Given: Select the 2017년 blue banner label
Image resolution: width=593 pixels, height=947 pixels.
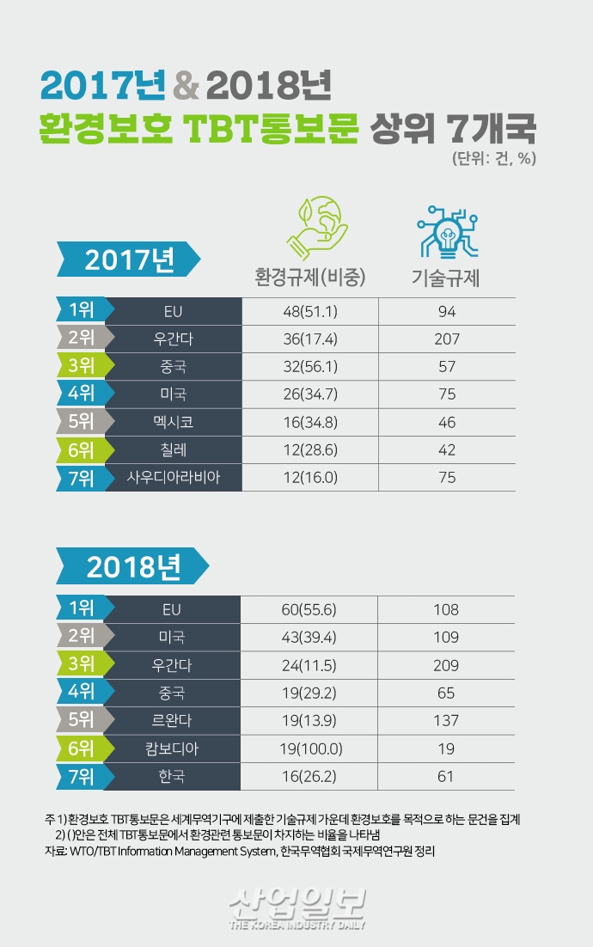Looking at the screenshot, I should tap(129, 259).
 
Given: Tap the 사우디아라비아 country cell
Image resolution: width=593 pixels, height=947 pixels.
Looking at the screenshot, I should tap(173, 478).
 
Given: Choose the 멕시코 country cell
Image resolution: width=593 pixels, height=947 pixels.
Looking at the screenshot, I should tap(173, 423).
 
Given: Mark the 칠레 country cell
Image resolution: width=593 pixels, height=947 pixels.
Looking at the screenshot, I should tap(173, 450).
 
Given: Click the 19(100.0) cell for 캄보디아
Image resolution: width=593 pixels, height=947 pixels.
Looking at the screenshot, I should tap(310, 748).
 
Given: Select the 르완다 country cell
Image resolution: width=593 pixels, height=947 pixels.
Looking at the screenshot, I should tap(173, 721).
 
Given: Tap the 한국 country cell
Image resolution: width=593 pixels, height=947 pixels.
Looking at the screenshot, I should tap(173, 777).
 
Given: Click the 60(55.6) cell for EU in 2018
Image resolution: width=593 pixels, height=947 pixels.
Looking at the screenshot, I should tap(310, 610).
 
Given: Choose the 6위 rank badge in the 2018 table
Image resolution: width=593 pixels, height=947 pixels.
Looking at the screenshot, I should tap(80, 748).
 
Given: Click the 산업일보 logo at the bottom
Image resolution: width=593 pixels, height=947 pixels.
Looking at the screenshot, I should tap(297, 907).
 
